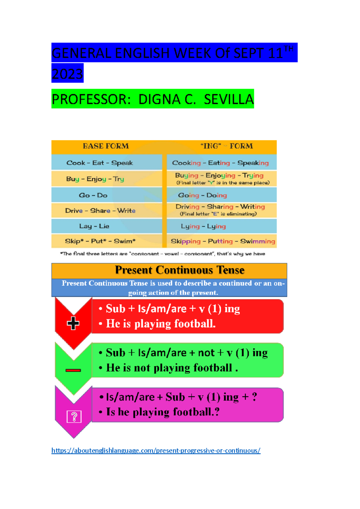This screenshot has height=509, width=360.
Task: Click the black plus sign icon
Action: click(x=73, y=323)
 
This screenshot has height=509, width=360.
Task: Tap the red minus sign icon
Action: click(x=73, y=370)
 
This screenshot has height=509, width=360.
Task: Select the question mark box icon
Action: click(x=74, y=417)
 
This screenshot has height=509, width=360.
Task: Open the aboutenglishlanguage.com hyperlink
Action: click(x=156, y=450)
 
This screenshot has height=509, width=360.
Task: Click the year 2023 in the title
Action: click(x=67, y=73)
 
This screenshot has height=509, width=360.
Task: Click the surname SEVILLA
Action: click(x=229, y=99)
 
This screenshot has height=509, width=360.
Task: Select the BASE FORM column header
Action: click(x=106, y=146)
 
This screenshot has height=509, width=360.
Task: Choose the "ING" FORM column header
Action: click(x=226, y=146)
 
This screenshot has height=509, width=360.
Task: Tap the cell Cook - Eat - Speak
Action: click(x=100, y=163)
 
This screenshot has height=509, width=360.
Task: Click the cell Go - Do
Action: click(x=93, y=195)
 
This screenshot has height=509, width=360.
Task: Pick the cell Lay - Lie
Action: click(x=94, y=226)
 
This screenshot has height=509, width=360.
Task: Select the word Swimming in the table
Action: click(x=257, y=241)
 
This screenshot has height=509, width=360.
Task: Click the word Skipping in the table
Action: click(x=186, y=241)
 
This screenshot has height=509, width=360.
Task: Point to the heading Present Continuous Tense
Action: click(x=179, y=270)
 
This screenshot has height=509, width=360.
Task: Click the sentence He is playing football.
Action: click(x=161, y=324)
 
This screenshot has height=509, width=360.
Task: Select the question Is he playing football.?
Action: click(x=163, y=412)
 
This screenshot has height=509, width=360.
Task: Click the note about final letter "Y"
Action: click(x=223, y=183)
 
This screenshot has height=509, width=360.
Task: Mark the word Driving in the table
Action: click(x=187, y=207)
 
